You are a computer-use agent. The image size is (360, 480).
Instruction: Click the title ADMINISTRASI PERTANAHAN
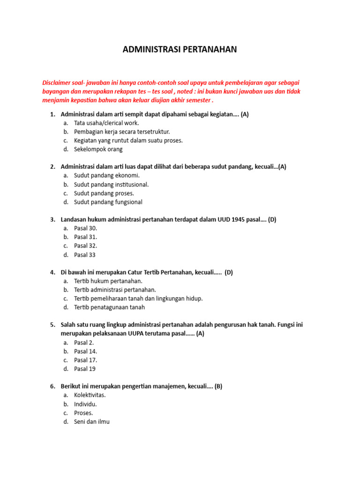click(x=180, y=49)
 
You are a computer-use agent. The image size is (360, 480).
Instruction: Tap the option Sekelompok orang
click(x=98, y=149)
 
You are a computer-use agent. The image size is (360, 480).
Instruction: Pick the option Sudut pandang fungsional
click(x=108, y=202)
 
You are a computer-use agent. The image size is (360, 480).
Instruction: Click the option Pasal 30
click(x=85, y=228)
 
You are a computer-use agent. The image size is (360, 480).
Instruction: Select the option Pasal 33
click(x=85, y=255)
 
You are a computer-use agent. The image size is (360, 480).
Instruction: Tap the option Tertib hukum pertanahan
click(x=108, y=281)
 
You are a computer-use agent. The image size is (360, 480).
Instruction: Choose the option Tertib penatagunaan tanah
click(x=109, y=307)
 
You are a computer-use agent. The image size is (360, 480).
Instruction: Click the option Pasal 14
click(x=85, y=352)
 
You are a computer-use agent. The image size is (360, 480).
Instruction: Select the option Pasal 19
click(x=85, y=369)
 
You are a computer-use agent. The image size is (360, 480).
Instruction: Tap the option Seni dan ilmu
click(x=91, y=421)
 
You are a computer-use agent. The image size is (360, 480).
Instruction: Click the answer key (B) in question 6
click(x=218, y=386)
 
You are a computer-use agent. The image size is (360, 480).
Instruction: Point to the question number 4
click(x=52, y=272)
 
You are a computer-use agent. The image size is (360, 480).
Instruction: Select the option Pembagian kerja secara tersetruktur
click(x=122, y=132)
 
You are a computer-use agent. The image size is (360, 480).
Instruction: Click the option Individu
click(x=85, y=404)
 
